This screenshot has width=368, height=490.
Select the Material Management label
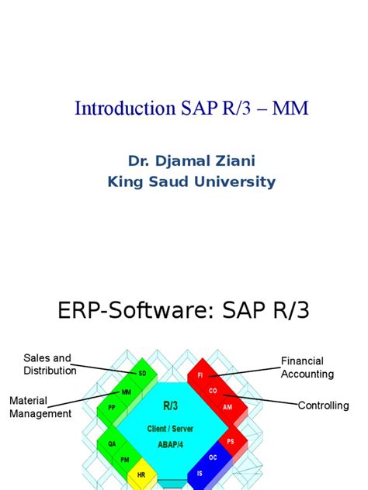click(40, 407)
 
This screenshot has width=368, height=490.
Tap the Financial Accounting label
click(307, 367)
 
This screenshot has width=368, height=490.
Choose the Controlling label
click(323, 405)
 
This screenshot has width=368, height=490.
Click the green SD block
click(142, 373)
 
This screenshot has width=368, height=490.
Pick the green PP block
click(111, 406)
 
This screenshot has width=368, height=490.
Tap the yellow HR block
click(141, 474)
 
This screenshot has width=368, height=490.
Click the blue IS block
click(200, 472)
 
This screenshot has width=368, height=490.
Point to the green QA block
click(112, 444)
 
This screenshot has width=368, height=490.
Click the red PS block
click(231, 441)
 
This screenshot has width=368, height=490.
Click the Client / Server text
click(169, 428)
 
